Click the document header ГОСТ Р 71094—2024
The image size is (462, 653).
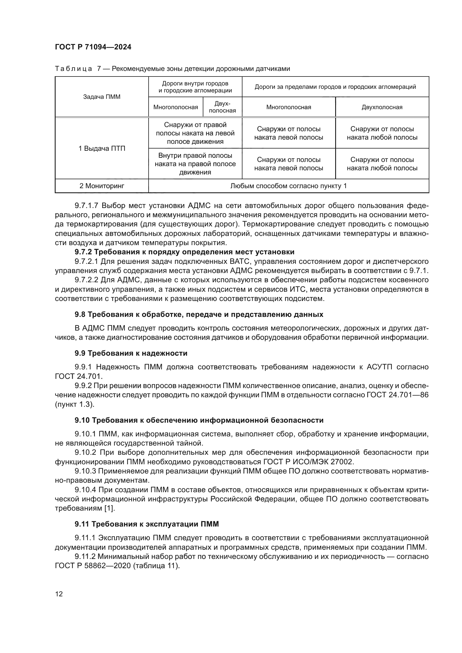tap(93, 47)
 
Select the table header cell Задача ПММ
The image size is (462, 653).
tap(102, 97)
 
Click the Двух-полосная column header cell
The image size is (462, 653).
tap(222, 107)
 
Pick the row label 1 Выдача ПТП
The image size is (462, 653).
tap(102, 149)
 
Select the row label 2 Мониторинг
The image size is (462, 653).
tap(102, 186)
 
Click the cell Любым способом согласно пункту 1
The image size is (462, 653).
tap(288, 186)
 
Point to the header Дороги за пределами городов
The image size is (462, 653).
tap(335, 87)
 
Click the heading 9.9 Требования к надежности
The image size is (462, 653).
tap(131, 353)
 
